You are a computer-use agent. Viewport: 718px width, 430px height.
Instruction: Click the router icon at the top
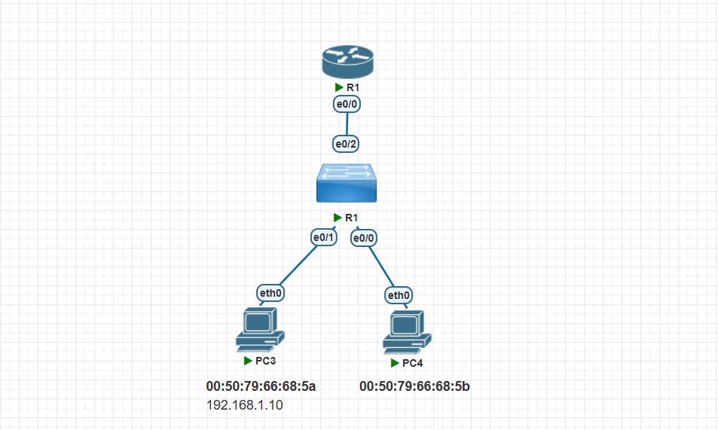coord(347,62)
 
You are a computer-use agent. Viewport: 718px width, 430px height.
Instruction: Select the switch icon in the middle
coord(346,183)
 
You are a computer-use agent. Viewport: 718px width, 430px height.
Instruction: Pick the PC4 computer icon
coord(407,334)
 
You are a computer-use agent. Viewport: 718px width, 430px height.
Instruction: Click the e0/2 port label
coord(346,143)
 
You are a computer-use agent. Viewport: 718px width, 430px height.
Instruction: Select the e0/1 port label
coord(325,238)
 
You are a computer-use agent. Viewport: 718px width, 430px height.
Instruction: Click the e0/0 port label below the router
coord(346,105)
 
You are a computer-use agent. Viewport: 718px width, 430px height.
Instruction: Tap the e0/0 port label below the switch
coord(365,238)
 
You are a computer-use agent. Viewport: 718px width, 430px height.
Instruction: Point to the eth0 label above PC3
coord(270,293)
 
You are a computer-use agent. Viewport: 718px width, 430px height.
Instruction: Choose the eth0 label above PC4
coord(399,294)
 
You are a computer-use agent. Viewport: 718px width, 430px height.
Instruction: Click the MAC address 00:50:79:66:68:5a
coord(261,387)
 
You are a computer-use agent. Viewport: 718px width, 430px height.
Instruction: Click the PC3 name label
coord(266,361)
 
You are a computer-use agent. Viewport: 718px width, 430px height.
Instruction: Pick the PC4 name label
coord(413,363)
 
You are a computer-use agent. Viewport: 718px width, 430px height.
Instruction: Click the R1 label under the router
coord(352,87)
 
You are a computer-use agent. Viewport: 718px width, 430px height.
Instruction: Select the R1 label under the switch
coord(352,218)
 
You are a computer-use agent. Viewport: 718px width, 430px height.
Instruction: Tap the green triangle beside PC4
coord(395,363)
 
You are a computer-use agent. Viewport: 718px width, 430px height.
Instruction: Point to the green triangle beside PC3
coord(248,361)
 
